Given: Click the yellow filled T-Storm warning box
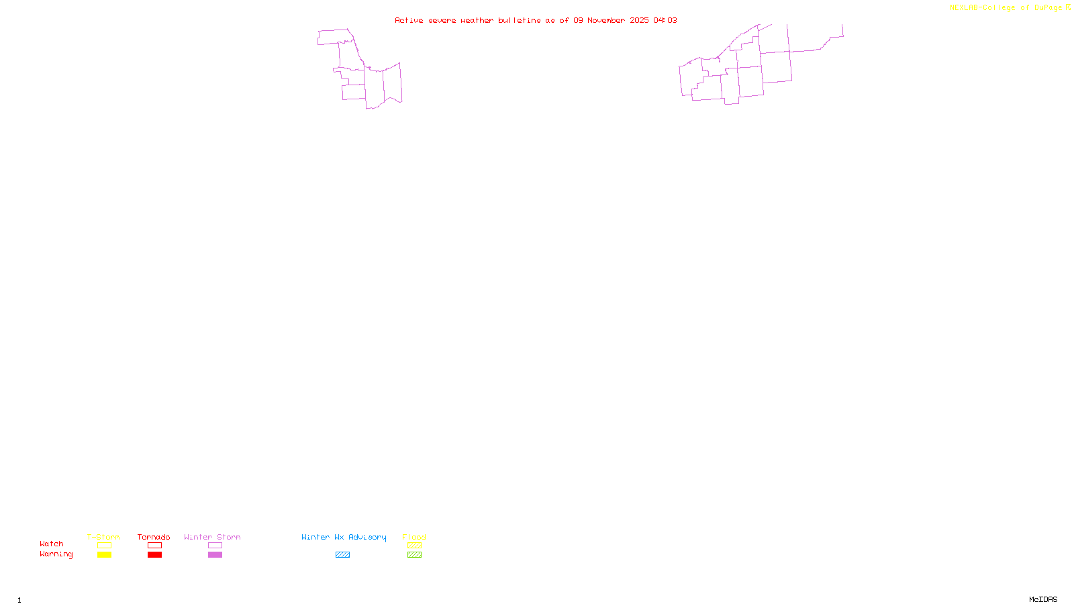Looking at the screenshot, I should pyautogui.click(x=104, y=555).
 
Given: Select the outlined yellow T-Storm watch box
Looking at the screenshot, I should pyautogui.click(x=104, y=546).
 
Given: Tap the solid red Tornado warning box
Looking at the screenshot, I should pyautogui.click(x=154, y=555).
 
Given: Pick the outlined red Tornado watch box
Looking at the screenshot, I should pyautogui.click(x=154, y=546).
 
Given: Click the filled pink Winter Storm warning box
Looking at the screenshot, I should pyautogui.click(x=215, y=555).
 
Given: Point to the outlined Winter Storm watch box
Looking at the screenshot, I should pyautogui.click(x=215, y=546).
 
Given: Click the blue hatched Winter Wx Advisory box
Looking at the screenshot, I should pyautogui.click(x=342, y=555).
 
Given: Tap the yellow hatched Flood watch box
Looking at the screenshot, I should pyautogui.click(x=414, y=546).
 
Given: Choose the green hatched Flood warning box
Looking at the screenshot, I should pyautogui.click(x=414, y=555).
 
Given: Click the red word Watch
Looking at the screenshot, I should pyautogui.click(x=52, y=544).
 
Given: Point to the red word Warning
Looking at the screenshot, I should pyautogui.click(x=56, y=554).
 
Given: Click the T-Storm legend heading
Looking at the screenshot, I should pyautogui.click(x=103, y=537).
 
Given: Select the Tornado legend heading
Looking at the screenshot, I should pyautogui.click(x=154, y=537).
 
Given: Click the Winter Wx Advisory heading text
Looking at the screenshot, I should pyautogui.click(x=344, y=537).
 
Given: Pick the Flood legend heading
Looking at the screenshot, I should pyautogui.click(x=414, y=537).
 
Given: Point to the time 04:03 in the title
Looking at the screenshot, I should pyautogui.click(x=665, y=20).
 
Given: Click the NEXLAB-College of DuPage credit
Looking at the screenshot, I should pyautogui.click(x=1006, y=8).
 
